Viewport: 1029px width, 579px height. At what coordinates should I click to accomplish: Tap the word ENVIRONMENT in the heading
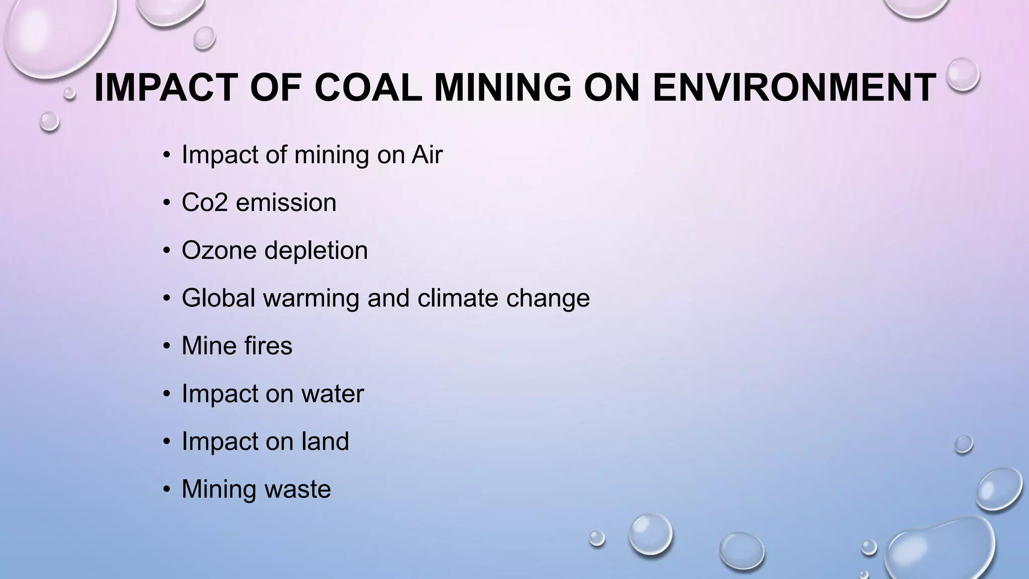pyautogui.click(x=794, y=88)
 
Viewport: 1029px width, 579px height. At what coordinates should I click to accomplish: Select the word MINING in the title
pyautogui.click(x=502, y=88)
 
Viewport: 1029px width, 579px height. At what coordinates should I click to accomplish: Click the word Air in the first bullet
pyautogui.click(x=427, y=154)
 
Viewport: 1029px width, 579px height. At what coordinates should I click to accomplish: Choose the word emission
pyautogui.click(x=286, y=203)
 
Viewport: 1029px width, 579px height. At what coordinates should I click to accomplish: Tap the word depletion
pyautogui.click(x=316, y=250)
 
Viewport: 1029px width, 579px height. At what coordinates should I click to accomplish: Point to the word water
pyautogui.click(x=332, y=394)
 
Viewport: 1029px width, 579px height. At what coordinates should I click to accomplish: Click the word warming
pyautogui.click(x=311, y=298)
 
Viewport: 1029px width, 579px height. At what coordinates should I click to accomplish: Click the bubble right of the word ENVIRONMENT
pyautogui.click(x=963, y=74)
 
